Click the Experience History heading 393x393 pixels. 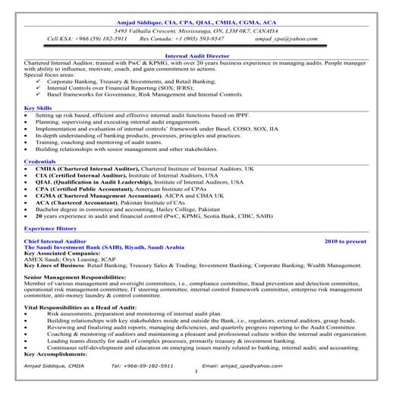tap(50, 228)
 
